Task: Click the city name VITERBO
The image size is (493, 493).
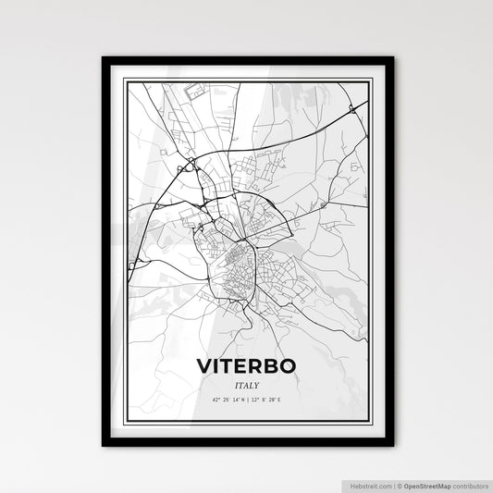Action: tap(246, 365)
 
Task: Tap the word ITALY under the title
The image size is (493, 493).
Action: tap(246, 384)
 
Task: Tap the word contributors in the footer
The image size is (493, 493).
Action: tap(473, 484)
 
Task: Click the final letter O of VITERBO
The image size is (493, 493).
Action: tap(288, 365)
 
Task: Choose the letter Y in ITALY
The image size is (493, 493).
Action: tap(256, 384)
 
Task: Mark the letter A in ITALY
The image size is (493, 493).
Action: tap(245, 384)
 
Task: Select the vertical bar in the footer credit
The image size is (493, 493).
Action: tap(394, 484)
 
